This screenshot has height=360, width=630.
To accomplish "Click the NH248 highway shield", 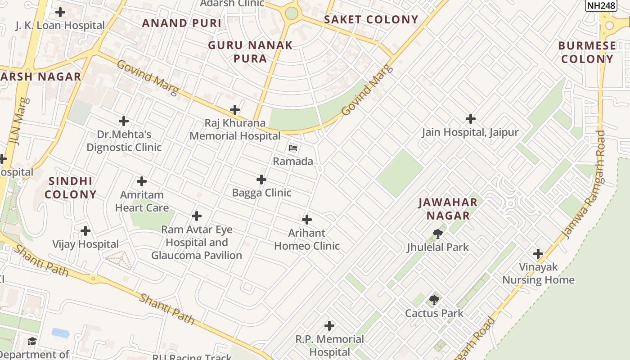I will point(601,5).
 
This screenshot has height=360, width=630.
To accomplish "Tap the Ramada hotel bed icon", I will point(293,148).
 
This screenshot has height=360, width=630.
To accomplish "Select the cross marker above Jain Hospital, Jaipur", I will point(470,119).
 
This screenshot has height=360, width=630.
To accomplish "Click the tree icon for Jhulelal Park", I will point(437,234).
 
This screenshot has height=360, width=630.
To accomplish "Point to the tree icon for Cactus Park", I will point(434,300).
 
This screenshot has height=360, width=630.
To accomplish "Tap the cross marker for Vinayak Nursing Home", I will point(538,254).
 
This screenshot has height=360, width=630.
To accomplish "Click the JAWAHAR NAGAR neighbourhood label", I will point(448,209).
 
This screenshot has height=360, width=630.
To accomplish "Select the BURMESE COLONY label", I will point(587,52).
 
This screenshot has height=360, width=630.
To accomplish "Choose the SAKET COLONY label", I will point(371,20).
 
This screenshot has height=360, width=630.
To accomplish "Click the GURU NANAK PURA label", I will point(250,52).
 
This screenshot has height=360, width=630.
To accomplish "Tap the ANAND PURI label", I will point(182,23).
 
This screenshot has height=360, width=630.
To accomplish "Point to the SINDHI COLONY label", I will point(71,188).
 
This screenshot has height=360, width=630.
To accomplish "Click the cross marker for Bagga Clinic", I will point(261,180).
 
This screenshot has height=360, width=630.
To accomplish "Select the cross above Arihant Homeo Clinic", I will point(307,220).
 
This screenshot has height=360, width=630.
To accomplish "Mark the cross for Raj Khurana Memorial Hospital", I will point(235,110).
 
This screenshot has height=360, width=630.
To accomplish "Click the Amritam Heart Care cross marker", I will point(142,181).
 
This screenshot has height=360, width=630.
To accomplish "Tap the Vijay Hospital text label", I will point(85,244).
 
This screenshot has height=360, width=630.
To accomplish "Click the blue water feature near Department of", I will point(61,333).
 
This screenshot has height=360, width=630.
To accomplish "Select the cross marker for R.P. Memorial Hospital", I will point(329,326).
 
